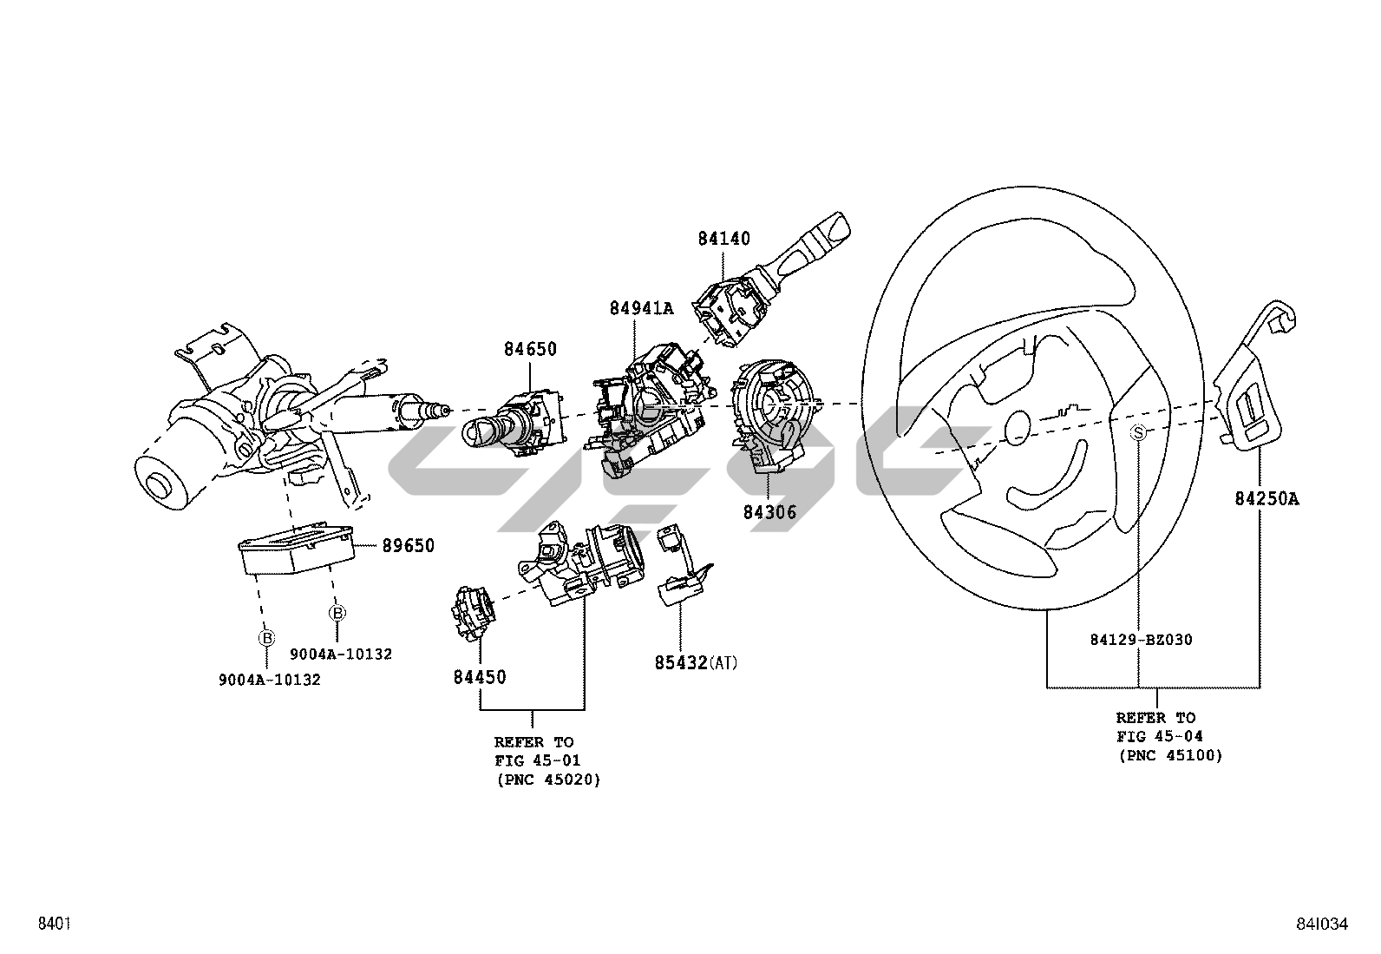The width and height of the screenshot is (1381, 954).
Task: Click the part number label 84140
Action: coord(723,238)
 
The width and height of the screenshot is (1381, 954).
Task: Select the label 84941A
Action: coord(642,308)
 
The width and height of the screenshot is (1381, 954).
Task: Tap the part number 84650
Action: coord(530,349)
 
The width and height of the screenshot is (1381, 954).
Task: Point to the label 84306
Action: coord(769,512)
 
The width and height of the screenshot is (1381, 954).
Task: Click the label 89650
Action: coord(408,545)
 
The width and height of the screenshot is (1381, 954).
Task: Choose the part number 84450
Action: coord(480,677)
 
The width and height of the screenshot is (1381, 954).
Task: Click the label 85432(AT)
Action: coord(696,662)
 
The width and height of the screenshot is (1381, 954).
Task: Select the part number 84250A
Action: coord(1266,498)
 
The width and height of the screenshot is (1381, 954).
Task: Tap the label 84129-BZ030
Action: coord(1142,640)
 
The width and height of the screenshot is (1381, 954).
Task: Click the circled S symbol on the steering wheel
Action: coord(1138,433)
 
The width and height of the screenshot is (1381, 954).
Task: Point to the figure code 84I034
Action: coord(1322,924)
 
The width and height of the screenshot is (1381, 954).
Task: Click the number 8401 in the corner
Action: coord(55,923)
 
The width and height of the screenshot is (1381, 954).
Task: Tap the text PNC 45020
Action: coord(549,780)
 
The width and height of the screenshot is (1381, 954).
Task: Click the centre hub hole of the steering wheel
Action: coord(1018,428)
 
